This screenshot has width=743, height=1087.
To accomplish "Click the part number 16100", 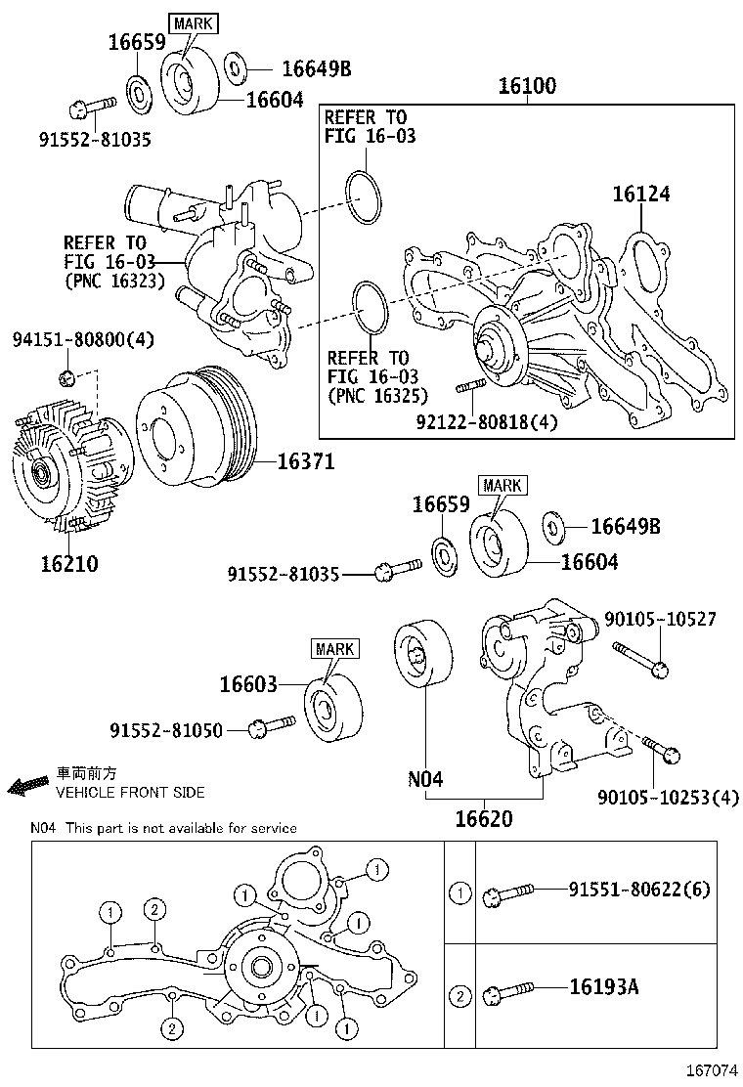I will [x=527, y=86].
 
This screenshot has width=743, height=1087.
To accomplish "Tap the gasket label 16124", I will [x=641, y=194].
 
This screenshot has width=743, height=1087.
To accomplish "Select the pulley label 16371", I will [x=305, y=461].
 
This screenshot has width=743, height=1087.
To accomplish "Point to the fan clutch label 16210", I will [x=69, y=564].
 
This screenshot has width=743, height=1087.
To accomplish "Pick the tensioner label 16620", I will [x=483, y=817].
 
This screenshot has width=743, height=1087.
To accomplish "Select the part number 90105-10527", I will [x=660, y=619].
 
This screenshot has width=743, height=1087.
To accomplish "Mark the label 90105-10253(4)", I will [x=669, y=798].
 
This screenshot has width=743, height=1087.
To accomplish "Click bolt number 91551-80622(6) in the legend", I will [x=639, y=890].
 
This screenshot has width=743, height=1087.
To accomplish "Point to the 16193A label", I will [x=603, y=986].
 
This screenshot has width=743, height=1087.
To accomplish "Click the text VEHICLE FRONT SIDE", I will [x=130, y=793].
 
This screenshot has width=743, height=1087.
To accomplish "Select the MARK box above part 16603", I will [x=335, y=648].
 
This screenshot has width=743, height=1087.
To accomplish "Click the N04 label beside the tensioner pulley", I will [x=425, y=779].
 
